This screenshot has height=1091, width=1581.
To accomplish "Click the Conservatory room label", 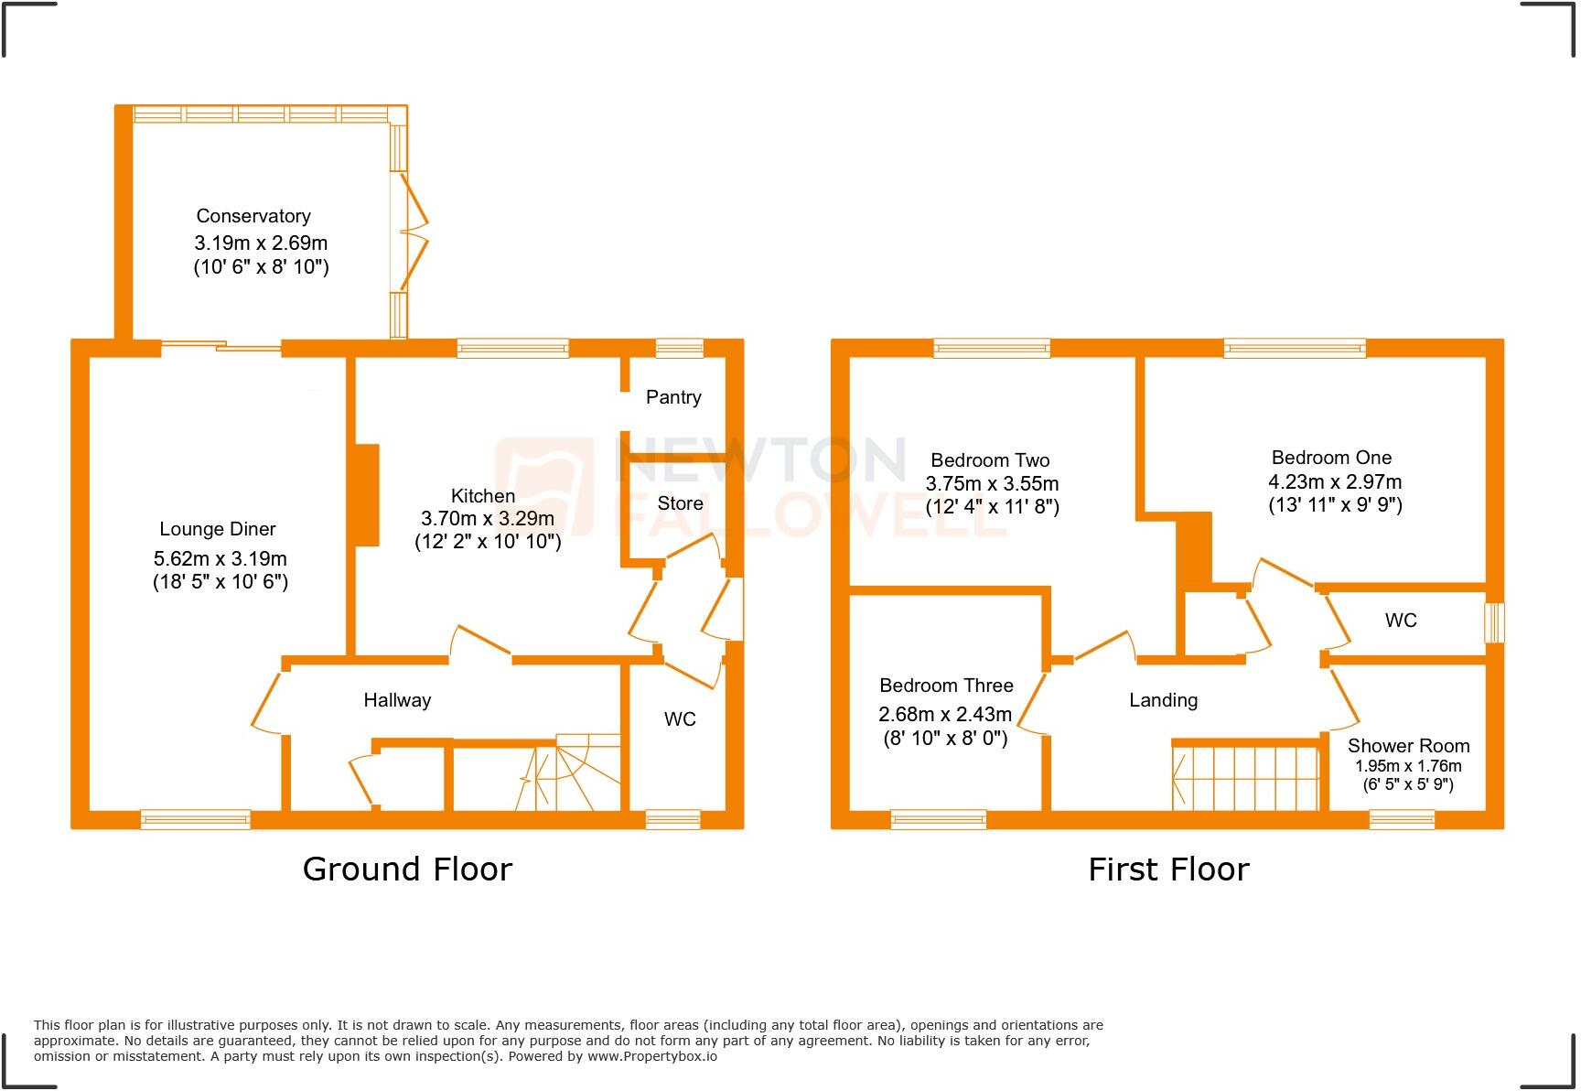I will click(253, 216).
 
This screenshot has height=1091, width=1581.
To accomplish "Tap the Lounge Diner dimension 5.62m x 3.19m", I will click(220, 558).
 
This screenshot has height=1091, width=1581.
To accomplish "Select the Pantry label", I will click(673, 397).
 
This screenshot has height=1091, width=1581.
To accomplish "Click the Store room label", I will click(680, 503).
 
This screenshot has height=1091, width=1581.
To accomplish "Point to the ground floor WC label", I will click(680, 719).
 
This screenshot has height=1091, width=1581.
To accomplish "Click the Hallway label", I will click(397, 700).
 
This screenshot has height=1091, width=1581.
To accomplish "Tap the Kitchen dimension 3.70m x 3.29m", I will click(487, 519).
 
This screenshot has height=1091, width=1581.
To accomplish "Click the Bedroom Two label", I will click(990, 460).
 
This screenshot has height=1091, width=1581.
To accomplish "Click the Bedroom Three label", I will click(946, 686).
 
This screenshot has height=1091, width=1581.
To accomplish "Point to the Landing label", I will click(1163, 700).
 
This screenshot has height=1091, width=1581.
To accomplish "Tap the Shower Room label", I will click(1408, 746).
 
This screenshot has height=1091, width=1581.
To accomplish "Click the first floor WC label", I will click(1400, 621).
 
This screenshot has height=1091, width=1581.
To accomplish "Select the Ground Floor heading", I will click(407, 869).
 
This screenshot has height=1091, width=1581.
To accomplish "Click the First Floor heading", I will click(1168, 869).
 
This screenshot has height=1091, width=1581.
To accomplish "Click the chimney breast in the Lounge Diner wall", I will click(366, 495).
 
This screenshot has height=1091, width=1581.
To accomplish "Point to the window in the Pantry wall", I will click(680, 347).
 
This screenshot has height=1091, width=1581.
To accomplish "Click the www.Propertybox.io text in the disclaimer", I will click(651, 1056).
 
